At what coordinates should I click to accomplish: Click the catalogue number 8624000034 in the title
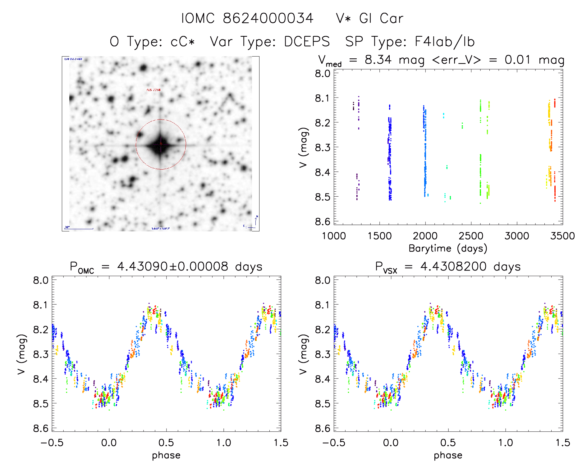[268, 19]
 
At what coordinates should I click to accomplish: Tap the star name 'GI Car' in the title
[381, 19]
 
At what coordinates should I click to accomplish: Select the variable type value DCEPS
[307, 42]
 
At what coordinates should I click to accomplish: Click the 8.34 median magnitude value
[378, 60]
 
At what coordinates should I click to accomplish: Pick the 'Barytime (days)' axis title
[448, 248]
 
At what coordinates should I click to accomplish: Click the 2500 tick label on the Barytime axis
[471, 236]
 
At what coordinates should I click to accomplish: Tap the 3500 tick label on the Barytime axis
[562, 236]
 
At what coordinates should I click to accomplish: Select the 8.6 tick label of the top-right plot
[323, 221]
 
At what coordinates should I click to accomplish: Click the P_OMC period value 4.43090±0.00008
[172, 266]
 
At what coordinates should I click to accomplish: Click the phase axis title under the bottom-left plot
[166, 455]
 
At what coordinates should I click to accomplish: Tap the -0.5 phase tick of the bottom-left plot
[52, 443]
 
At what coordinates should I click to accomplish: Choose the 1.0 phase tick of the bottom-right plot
[506, 443]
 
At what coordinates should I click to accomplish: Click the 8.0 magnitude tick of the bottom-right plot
[323, 280]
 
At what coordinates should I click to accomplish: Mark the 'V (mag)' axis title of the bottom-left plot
[21, 354]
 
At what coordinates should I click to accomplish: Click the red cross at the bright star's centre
[161, 144]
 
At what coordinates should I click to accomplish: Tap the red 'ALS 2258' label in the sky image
[154, 90]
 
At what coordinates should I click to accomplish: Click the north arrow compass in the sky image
[255, 221]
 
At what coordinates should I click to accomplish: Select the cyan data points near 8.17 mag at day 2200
[443, 116]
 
